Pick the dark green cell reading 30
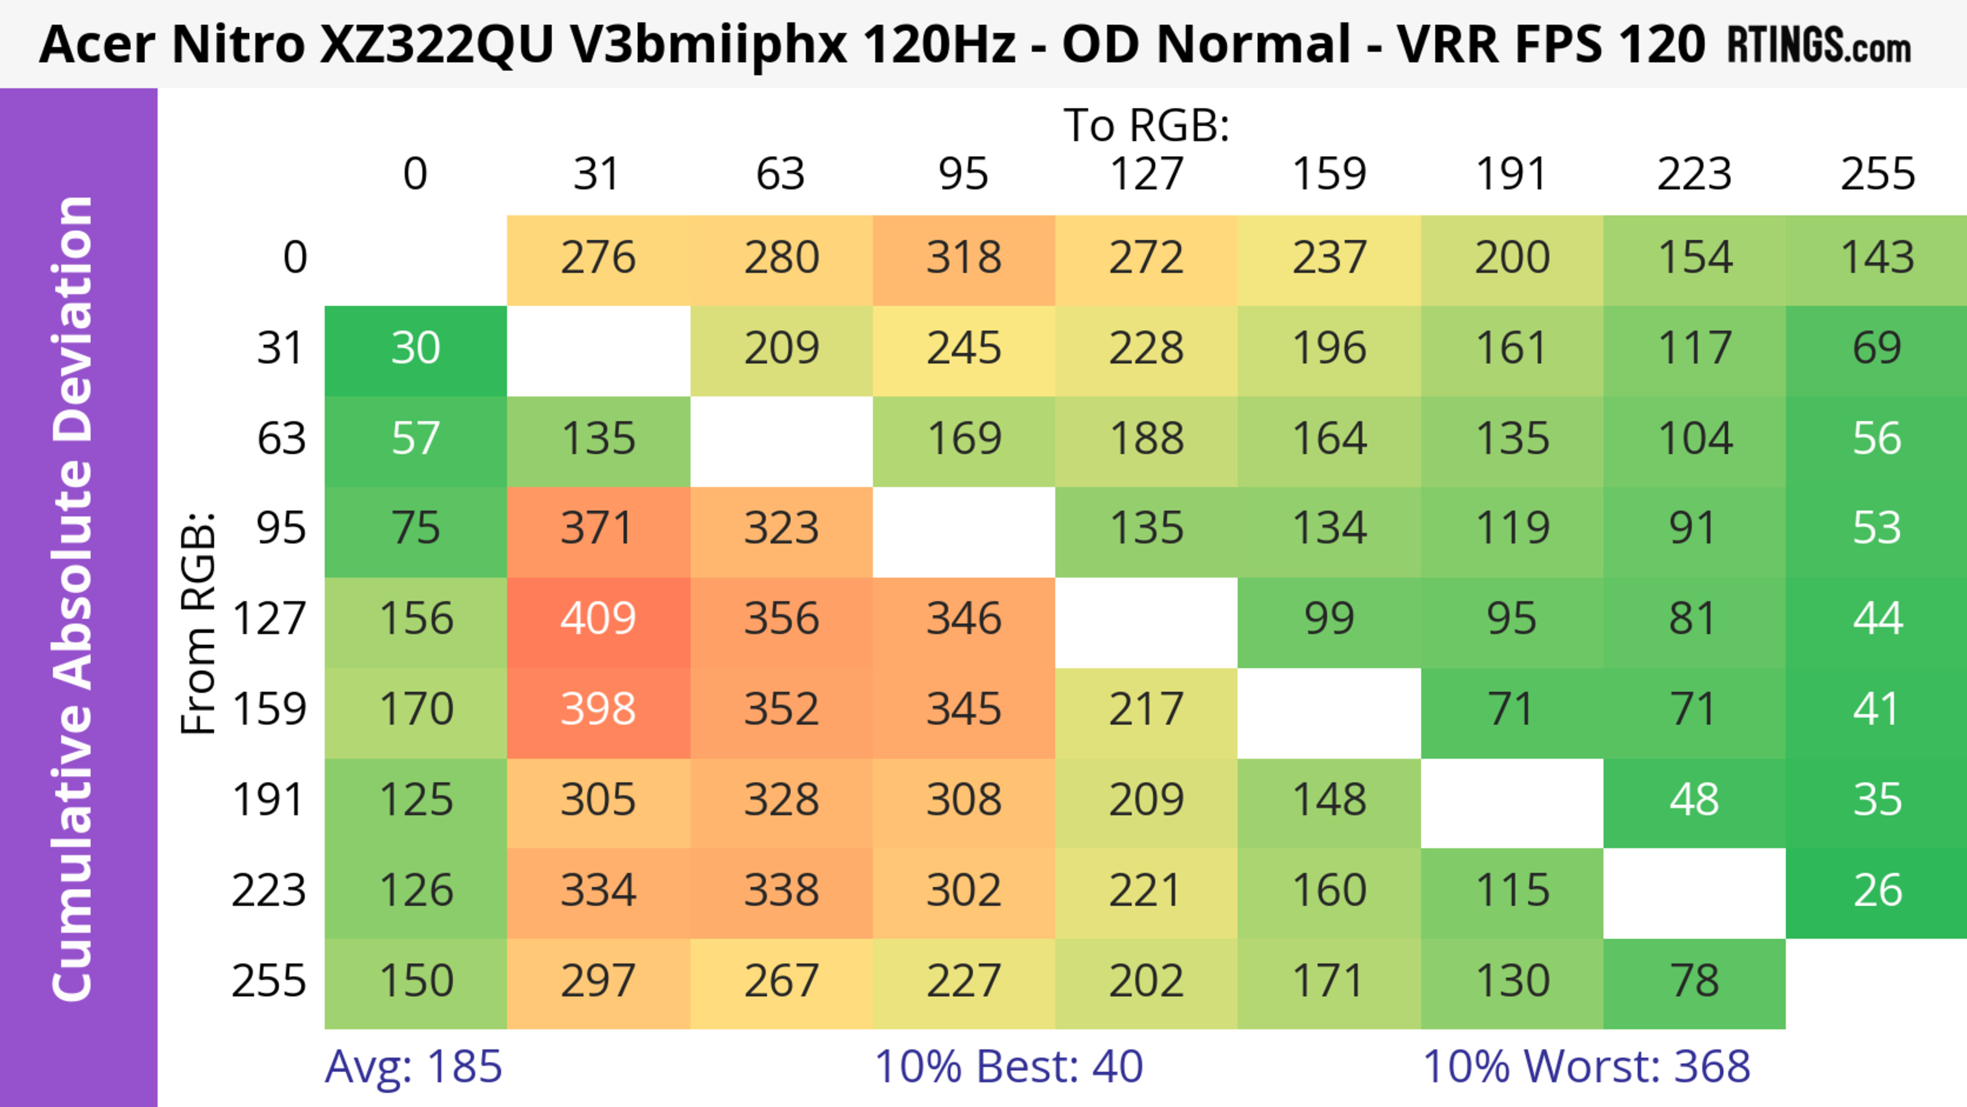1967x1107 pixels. [x=415, y=349]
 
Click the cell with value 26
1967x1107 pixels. [x=1877, y=891]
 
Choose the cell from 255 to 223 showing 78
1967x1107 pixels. [x=1693, y=981]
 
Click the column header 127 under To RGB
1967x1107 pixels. [x=1146, y=175]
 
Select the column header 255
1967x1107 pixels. [x=1877, y=175]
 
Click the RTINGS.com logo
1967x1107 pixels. [x=1819, y=46]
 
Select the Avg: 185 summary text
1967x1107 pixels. [x=413, y=1067]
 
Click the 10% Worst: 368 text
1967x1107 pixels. [x=1586, y=1067]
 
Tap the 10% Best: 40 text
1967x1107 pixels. [x=1008, y=1067]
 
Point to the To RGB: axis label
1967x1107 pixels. [x=1146, y=125]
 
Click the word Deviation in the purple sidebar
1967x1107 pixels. [x=73, y=321]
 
